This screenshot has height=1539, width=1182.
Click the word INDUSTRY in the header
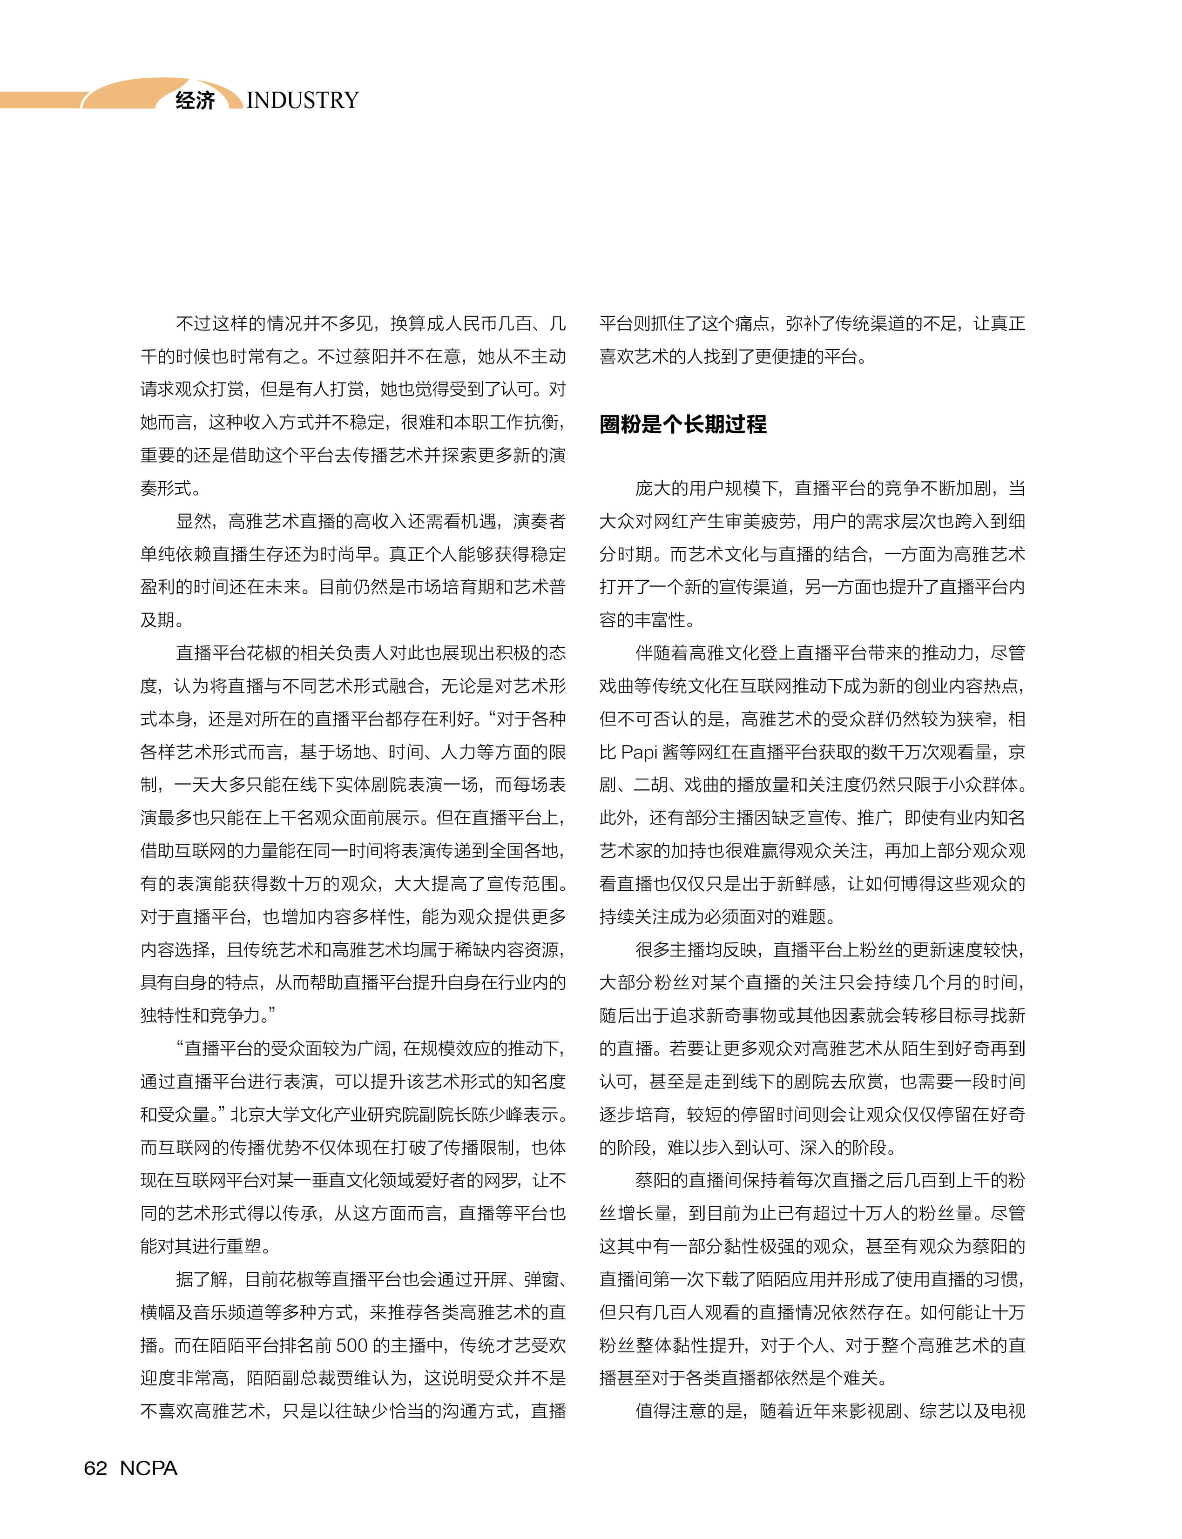click(303, 101)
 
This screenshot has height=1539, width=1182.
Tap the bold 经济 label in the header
click(195, 101)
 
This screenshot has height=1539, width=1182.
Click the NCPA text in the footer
click(149, 1468)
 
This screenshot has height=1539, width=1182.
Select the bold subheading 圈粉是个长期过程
click(682, 424)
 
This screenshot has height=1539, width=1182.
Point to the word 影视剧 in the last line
click(877, 1410)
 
